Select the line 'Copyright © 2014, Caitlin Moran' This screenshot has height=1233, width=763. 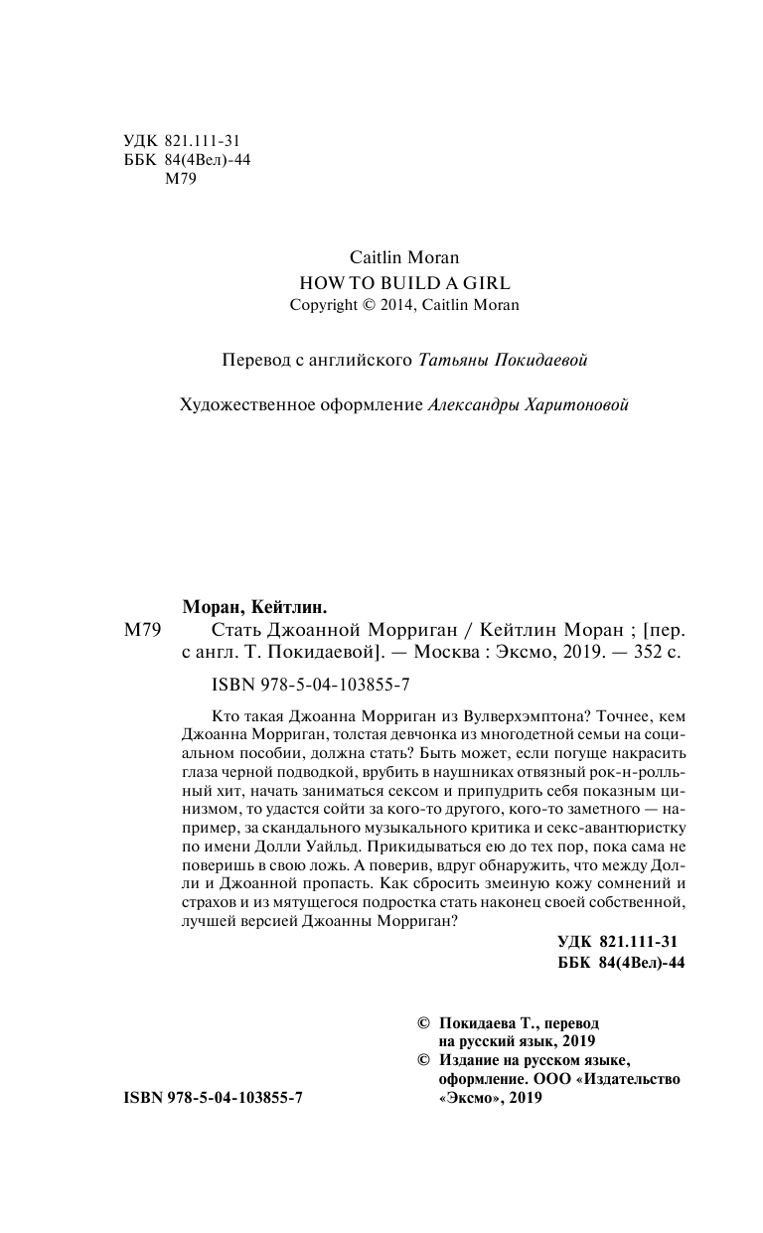pyautogui.click(x=404, y=305)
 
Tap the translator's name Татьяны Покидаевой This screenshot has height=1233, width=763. pyautogui.click(x=505, y=360)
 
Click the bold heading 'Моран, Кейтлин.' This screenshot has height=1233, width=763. pyautogui.click(x=256, y=606)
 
